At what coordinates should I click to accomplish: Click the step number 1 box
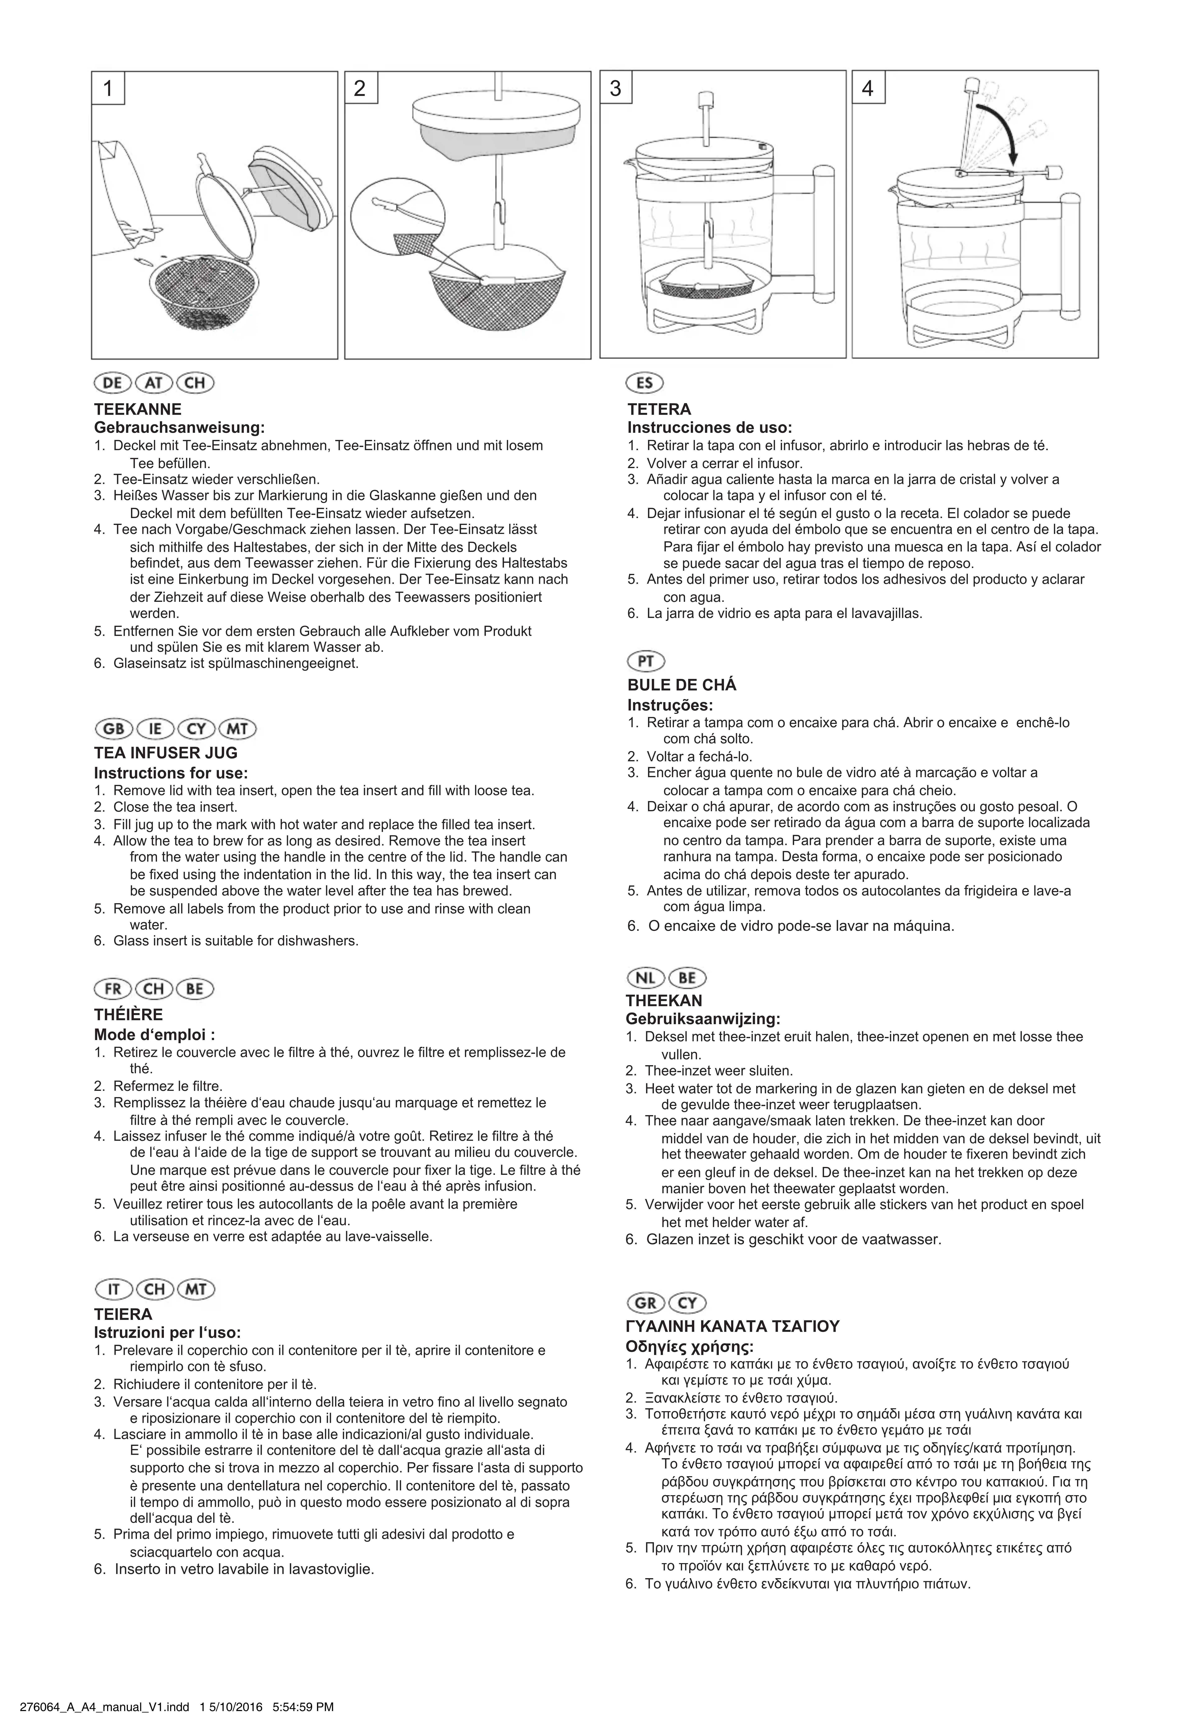(108, 89)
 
